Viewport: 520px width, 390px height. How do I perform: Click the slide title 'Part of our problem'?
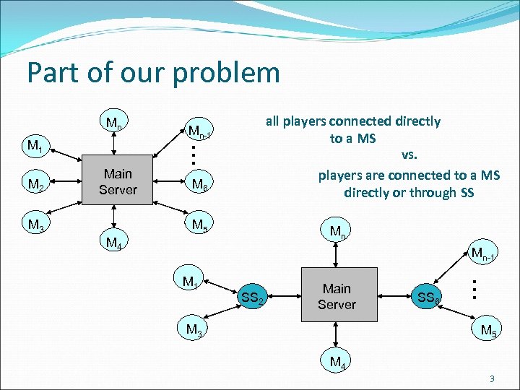152,73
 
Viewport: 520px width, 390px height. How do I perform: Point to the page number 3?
491,379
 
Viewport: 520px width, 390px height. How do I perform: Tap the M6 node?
200,186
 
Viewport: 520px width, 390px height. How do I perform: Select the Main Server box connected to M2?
118,181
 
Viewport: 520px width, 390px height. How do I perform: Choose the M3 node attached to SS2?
194,330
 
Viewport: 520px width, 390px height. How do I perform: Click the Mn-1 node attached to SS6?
482,253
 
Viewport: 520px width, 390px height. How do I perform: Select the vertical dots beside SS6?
473,289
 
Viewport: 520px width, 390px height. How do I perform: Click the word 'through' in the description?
418,192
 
